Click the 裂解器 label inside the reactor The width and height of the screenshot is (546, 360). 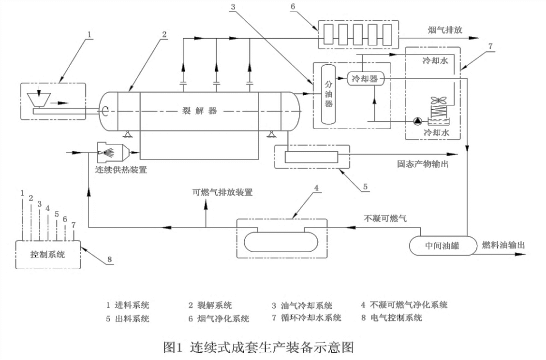198,111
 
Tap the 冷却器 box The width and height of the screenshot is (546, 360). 365,79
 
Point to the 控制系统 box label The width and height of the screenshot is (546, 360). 47,254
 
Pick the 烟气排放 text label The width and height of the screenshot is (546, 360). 445,30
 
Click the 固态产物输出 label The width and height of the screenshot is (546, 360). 420,164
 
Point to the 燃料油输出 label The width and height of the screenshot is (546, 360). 503,245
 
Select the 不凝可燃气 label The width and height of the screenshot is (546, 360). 385,218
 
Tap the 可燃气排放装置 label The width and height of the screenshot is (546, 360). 222,192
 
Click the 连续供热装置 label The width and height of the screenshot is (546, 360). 121,170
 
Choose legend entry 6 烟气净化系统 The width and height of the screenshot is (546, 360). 219,318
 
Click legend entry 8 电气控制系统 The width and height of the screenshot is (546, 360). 391,318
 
